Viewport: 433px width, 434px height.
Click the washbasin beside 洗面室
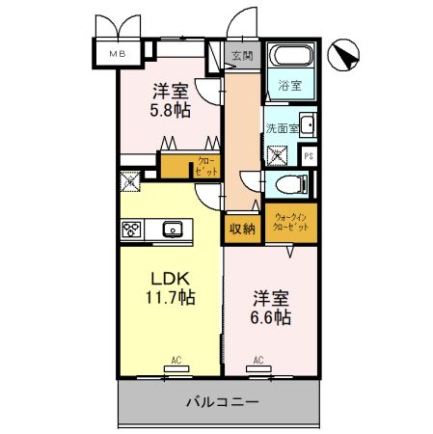tap(307, 124)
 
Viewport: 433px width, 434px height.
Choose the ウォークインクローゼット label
tap(291, 223)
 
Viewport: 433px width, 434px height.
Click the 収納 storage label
tap(241, 229)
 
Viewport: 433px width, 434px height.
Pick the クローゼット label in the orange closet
tap(206, 165)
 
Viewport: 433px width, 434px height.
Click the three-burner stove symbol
tap(131, 230)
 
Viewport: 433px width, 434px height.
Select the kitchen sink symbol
tap(174, 230)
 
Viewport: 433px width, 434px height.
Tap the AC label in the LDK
tap(176, 361)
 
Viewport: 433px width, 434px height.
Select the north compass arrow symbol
tap(343, 56)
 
